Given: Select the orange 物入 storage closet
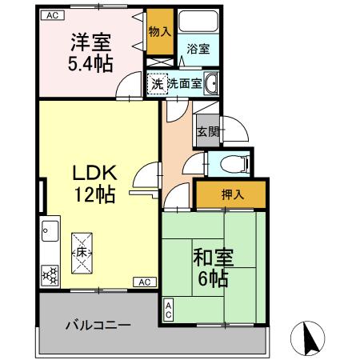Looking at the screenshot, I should [x=159, y=32].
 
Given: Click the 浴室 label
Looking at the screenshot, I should [x=198, y=49].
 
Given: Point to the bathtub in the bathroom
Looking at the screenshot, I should [x=198, y=22].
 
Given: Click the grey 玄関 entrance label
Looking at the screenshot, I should [x=207, y=131].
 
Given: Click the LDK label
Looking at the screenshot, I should [x=96, y=171].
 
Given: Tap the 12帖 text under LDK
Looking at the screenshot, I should [x=96, y=194].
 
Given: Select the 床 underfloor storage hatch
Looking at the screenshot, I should [x=82, y=252].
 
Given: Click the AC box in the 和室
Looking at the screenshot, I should [x=169, y=310].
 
